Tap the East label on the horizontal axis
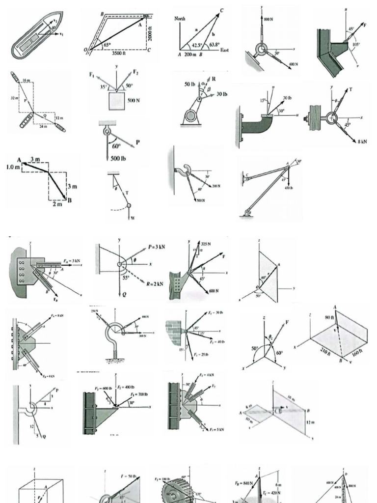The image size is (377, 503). [x=225, y=50]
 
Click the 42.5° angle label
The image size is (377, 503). [x=197, y=45]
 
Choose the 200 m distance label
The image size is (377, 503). [x=189, y=55]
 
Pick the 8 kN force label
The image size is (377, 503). [x=362, y=141]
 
